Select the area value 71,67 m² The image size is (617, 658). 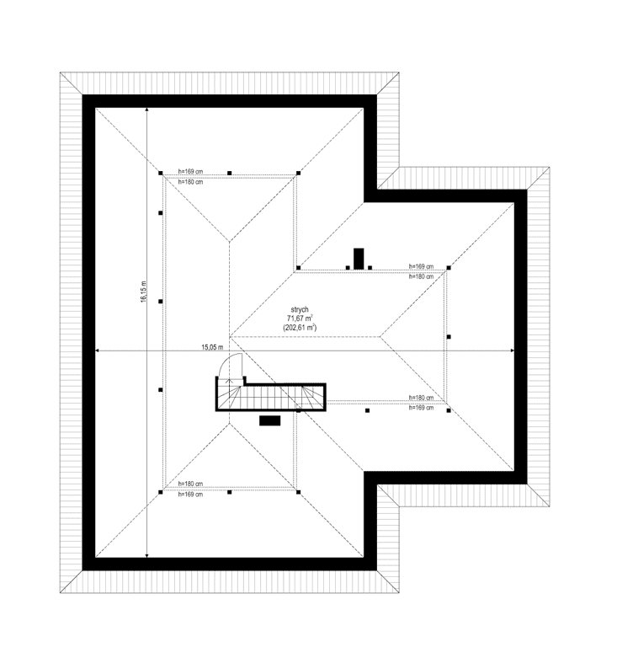click(300, 317)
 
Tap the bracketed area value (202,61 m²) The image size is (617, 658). click(300, 327)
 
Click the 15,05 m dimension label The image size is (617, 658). click(212, 346)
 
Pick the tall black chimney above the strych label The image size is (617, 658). click(359, 258)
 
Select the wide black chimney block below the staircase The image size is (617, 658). click(269, 420)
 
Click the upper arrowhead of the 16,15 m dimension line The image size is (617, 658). click(147, 111)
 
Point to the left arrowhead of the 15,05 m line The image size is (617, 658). click(98, 350)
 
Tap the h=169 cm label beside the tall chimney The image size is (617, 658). click(421, 265)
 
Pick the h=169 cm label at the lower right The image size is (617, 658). click(421, 408)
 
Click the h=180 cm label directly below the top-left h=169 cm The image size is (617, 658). click(190, 181)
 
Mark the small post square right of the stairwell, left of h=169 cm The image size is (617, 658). click(368, 411)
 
